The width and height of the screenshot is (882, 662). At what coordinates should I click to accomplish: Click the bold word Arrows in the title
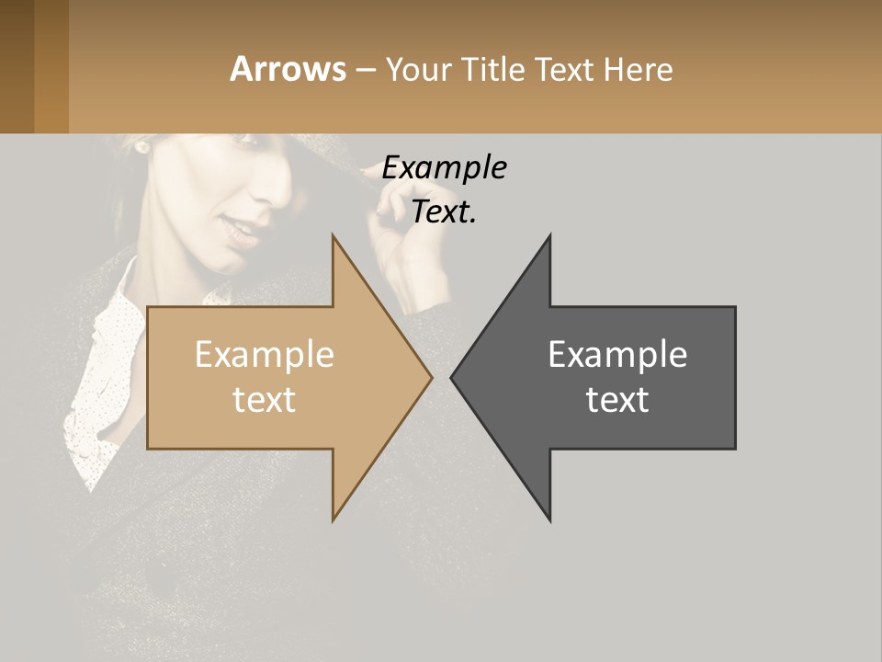click(x=288, y=69)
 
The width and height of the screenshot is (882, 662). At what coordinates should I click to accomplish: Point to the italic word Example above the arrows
click(x=445, y=167)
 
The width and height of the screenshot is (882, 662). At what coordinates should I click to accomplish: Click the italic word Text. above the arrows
click(x=445, y=212)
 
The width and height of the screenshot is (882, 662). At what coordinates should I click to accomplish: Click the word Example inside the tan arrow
click(x=265, y=354)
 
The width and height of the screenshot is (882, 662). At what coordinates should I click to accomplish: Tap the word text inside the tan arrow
click(x=265, y=399)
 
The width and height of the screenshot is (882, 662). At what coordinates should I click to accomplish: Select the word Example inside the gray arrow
click(x=617, y=354)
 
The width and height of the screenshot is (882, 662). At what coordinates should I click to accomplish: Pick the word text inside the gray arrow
click(x=617, y=399)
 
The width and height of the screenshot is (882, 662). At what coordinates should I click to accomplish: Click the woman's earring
click(x=141, y=145)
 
